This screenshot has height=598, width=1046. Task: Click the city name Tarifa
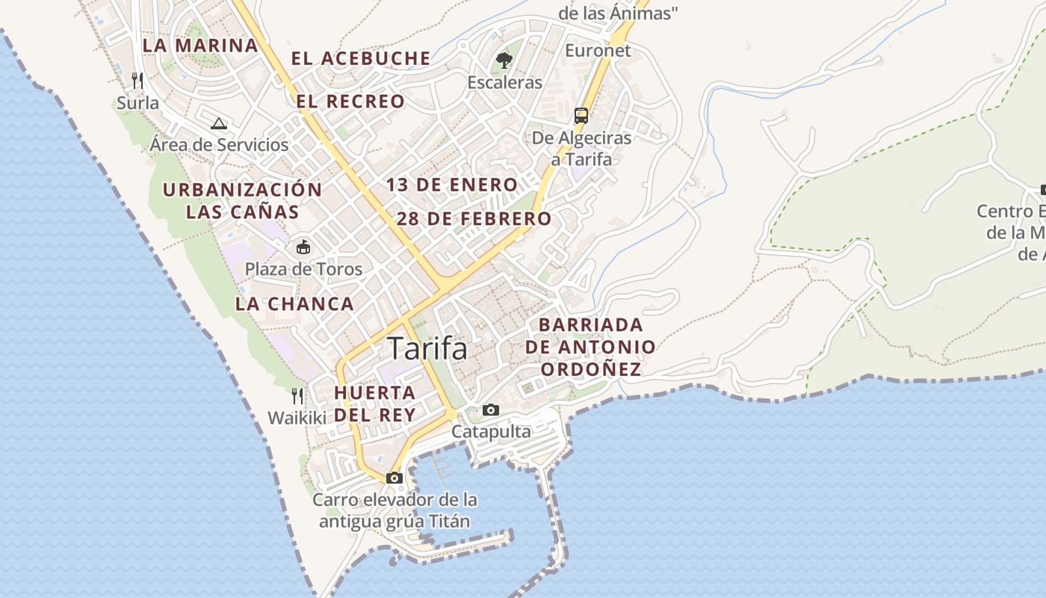427,349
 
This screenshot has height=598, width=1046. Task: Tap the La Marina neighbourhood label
200,45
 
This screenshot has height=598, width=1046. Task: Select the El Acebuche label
361,58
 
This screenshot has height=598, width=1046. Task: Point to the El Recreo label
350,102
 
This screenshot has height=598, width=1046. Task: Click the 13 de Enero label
452,185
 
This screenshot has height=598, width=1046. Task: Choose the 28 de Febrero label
474,219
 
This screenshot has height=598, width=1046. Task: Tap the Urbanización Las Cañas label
242,200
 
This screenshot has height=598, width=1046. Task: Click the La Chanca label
294,303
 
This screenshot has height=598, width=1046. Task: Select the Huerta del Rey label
374,404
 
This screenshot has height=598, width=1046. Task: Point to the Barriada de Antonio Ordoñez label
590,347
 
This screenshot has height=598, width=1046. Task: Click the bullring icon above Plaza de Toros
303,247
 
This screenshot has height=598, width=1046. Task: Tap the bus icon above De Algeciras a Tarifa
581,115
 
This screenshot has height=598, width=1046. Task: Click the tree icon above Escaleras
504,60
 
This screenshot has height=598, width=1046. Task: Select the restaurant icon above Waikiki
297,395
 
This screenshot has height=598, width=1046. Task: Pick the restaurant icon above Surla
137,80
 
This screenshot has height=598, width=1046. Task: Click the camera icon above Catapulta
491,410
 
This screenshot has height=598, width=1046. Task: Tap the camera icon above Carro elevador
394,478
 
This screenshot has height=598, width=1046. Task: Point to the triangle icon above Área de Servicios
218,123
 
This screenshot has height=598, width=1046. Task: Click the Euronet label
598,51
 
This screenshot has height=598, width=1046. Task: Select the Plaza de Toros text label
303,269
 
